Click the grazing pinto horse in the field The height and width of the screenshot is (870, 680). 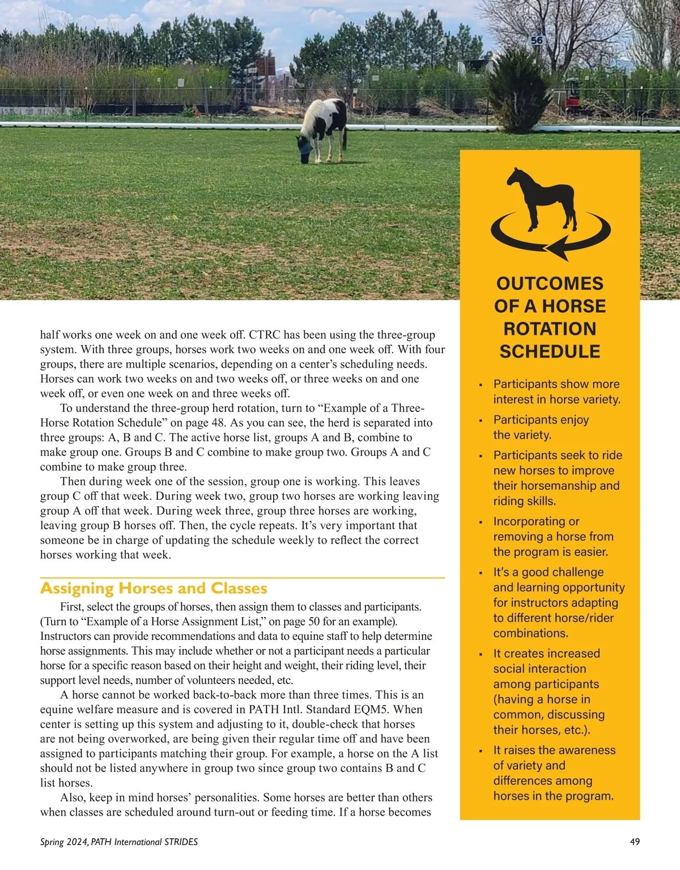click(323, 128)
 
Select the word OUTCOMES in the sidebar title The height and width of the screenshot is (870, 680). click(550, 283)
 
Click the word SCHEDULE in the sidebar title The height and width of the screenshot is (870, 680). click(550, 351)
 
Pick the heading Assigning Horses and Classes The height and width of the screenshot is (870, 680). click(154, 588)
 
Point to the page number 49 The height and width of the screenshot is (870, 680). click(635, 842)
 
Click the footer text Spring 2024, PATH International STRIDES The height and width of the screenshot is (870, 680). click(119, 842)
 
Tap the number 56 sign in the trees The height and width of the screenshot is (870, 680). click(537, 41)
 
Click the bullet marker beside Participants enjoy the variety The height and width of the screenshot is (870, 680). click(481, 421)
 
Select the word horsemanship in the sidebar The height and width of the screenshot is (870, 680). click(561, 486)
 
